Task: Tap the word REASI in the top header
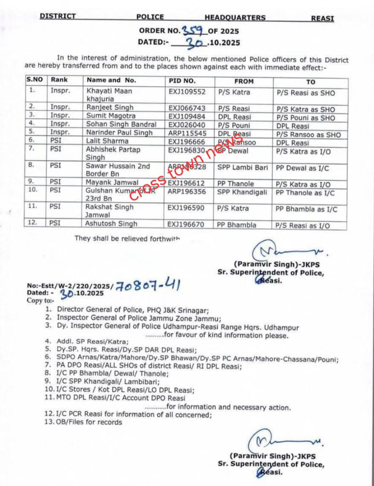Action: click(x=322, y=17)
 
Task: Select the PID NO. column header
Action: click(x=182, y=80)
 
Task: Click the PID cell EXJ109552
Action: click(x=187, y=92)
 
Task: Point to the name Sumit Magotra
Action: click(x=110, y=116)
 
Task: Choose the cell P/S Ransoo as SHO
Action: click(x=308, y=134)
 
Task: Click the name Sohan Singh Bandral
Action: click(x=121, y=124)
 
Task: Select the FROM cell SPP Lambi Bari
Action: click(x=242, y=167)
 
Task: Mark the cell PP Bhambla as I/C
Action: click(x=306, y=209)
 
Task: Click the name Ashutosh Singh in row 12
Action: click(x=111, y=224)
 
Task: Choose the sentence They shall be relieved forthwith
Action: click(x=127, y=238)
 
